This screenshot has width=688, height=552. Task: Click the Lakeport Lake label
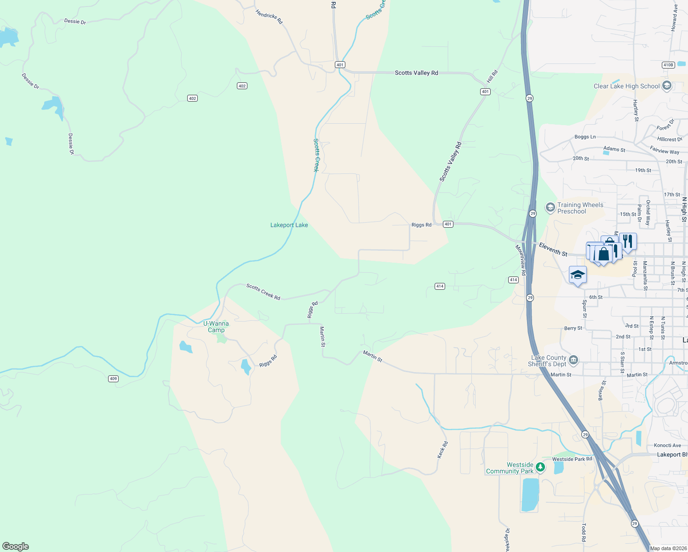pos(289,225)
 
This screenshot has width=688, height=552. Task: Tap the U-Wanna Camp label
pos(216,327)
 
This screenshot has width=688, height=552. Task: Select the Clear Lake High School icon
pos(667,86)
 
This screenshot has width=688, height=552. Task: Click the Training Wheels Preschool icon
pos(550,208)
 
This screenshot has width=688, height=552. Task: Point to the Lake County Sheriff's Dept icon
pos(573,360)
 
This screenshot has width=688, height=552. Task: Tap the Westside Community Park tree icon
pos(540,468)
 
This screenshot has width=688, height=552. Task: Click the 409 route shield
pos(113,379)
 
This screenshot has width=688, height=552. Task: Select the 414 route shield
pos(440,286)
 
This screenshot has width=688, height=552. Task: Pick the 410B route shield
pos(668,65)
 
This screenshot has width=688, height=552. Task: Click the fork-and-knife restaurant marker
pos(628,241)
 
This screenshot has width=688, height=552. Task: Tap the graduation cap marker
pos(578,275)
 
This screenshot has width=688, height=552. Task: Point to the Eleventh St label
pos(553,249)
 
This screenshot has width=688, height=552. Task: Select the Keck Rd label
pos(442,449)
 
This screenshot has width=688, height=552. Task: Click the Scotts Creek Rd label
pos(263,292)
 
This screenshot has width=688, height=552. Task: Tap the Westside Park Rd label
pos(572,459)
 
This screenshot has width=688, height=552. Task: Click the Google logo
pos(16,546)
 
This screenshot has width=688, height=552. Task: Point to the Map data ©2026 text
pos(667,548)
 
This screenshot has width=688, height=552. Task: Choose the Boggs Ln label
pos(585,137)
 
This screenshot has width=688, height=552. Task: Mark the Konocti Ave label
pos(667,445)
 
